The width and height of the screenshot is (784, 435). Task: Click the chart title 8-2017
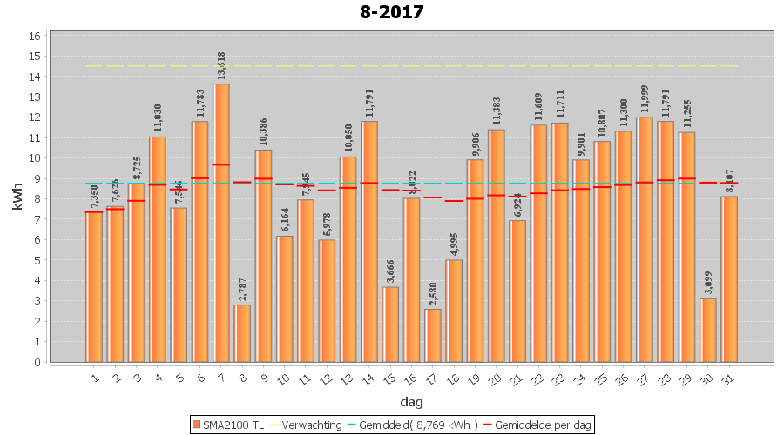pos(391,12)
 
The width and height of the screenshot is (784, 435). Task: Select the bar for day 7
pos(221,223)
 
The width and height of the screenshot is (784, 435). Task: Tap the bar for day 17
pos(433,335)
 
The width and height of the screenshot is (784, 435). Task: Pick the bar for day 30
pos(708,330)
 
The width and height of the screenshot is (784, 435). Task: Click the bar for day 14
pos(369,241)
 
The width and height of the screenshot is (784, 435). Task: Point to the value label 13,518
pos(221,66)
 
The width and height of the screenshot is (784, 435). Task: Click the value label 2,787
pos(242,287)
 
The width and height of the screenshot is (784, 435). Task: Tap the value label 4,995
pos(454,242)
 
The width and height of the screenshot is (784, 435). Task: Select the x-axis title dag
pos(411,401)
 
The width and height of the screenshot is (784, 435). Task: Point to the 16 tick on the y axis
pos(35,37)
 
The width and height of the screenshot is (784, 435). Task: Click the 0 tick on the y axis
pos(35,362)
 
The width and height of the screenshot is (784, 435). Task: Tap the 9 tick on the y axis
pos(35,178)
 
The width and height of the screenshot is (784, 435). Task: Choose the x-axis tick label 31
pos(730,378)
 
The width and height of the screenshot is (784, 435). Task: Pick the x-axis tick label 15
pos(391,378)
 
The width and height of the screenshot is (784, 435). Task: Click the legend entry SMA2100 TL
pos(227,425)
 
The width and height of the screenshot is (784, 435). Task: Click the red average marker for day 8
pos(242,183)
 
